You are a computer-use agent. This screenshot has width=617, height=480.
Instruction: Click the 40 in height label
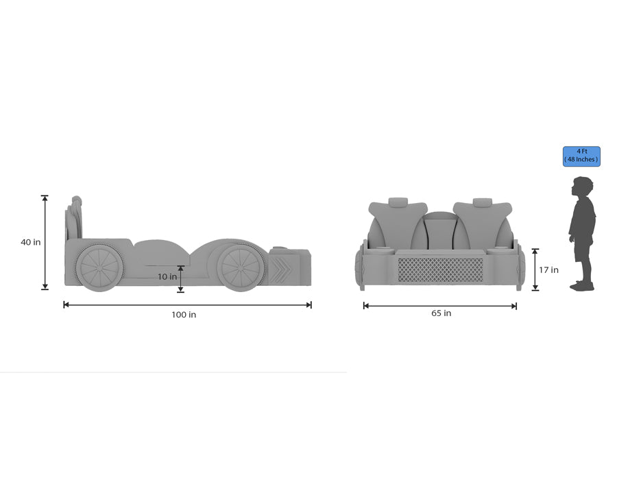click(30, 242)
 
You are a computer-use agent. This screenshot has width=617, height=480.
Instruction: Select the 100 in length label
click(184, 315)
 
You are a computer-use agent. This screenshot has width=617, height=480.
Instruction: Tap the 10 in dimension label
click(167, 277)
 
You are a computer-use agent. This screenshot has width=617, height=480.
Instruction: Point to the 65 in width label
click(441, 313)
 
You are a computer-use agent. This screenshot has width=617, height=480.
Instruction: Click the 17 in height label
click(548, 270)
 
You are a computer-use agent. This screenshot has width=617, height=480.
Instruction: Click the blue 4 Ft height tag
click(581, 156)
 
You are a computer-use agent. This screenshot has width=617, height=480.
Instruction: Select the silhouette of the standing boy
click(582, 233)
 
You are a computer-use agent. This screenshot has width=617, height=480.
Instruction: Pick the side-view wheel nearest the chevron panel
click(242, 266)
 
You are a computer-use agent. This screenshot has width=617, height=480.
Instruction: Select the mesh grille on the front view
click(440, 269)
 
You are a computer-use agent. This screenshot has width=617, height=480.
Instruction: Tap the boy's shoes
click(583, 285)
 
